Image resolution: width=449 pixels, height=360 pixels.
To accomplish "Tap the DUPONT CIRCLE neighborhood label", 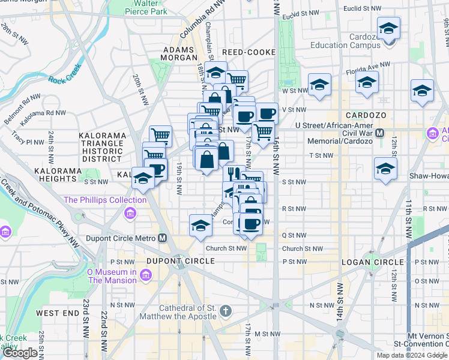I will click(x=181, y=261).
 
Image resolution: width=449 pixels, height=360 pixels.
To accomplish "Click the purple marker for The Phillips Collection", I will click(x=130, y=213).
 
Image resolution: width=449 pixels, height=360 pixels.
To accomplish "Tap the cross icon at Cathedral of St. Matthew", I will click(x=225, y=310).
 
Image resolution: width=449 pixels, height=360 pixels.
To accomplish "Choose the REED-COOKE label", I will click(x=249, y=53).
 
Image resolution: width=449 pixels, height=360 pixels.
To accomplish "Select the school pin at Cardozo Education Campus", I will click(x=388, y=29).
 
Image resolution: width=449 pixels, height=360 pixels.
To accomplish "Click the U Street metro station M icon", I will click(x=379, y=132).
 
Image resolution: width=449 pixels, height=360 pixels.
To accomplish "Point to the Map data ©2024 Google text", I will click(x=411, y=355).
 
